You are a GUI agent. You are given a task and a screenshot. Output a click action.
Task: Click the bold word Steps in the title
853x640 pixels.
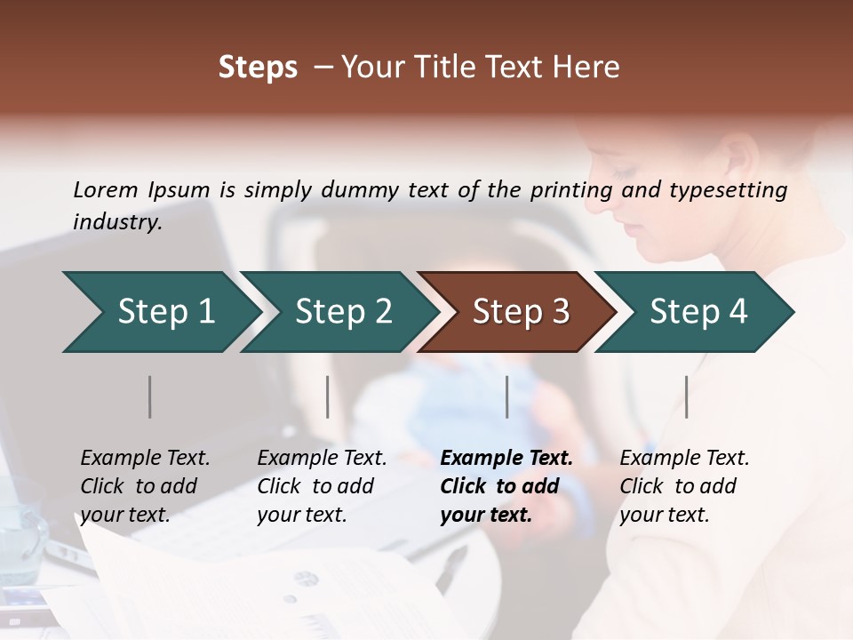tap(258, 68)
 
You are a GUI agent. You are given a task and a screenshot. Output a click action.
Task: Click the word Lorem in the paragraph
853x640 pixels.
tap(106, 189)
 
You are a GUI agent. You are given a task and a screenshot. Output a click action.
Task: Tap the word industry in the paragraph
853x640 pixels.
tap(116, 221)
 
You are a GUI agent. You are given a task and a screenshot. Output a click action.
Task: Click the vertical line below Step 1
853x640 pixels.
tap(150, 396)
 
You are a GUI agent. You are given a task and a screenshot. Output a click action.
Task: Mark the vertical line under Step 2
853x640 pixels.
tap(328, 396)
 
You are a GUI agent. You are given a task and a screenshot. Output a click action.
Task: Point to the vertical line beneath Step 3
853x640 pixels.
tap(507, 396)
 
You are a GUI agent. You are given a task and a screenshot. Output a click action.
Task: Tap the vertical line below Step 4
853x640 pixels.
tap(687, 396)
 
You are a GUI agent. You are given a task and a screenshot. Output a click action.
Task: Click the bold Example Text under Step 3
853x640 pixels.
tap(506, 458)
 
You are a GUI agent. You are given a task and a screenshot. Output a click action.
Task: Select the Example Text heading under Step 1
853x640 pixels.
tap(145, 458)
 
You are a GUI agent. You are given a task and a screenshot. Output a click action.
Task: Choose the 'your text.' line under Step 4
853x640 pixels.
tap(665, 515)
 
